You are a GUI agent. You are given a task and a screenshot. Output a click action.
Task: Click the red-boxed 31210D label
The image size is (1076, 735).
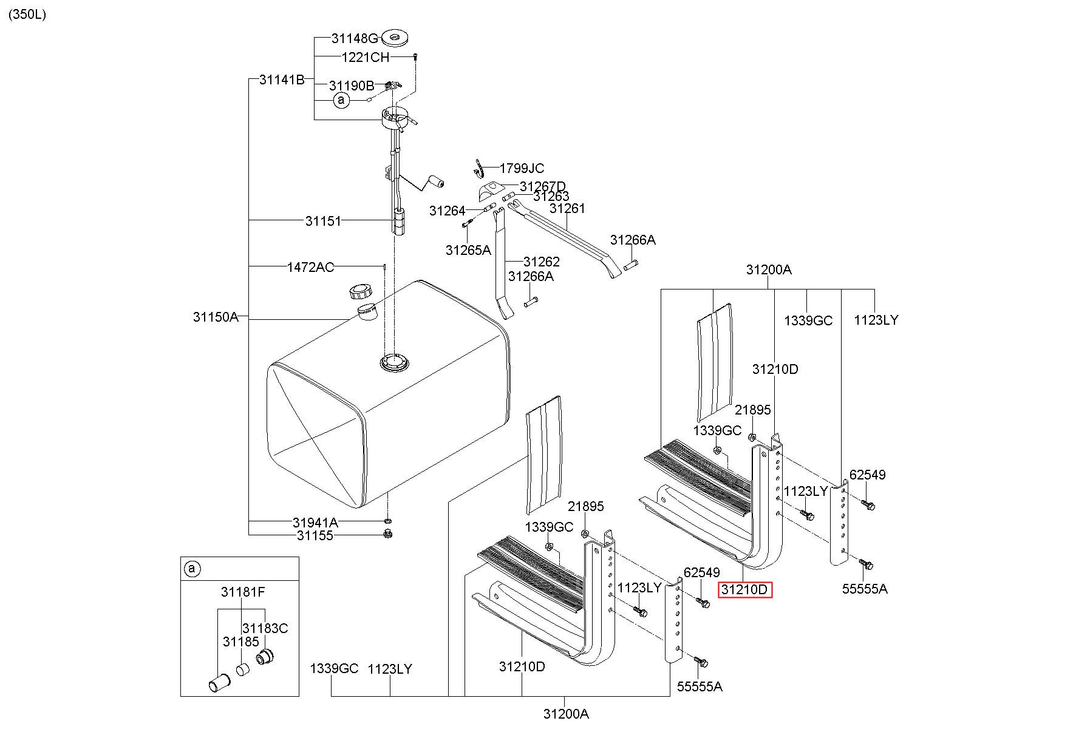pyautogui.click(x=744, y=589)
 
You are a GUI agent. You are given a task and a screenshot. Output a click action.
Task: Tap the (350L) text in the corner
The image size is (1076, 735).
pyautogui.click(x=27, y=15)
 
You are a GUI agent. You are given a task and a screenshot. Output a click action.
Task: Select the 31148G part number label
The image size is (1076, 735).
pyautogui.click(x=355, y=38)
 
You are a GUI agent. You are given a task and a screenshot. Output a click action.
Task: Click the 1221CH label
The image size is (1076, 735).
pyautogui.click(x=366, y=57)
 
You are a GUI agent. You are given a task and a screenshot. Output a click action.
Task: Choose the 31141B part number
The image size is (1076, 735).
pyautogui.click(x=282, y=80)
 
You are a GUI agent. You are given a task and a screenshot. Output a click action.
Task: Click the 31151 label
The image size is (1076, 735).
pyautogui.click(x=323, y=221)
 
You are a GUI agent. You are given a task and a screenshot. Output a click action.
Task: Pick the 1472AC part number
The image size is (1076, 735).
pyautogui.click(x=310, y=267)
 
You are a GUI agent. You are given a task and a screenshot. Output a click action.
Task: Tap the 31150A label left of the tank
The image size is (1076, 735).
pyautogui.click(x=216, y=317)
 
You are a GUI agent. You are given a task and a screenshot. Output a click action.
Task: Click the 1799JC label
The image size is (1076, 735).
pyautogui.click(x=522, y=168)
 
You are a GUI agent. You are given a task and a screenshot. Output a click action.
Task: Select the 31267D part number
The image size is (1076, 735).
pyautogui.click(x=543, y=186)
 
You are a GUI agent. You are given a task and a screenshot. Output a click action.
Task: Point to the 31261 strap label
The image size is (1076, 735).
pyautogui.click(x=567, y=208)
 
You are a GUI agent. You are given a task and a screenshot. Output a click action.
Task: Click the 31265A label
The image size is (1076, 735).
pyautogui.click(x=468, y=250)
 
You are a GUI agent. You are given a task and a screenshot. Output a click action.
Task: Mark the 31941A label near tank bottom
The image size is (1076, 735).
pyautogui.click(x=315, y=523)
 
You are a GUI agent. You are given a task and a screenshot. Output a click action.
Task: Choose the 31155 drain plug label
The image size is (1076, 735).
pyautogui.click(x=315, y=536)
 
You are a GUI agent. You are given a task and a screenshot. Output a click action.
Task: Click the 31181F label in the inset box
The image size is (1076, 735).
pyautogui.click(x=243, y=592)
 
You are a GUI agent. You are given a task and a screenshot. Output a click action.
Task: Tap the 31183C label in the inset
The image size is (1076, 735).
pyautogui.click(x=265, y=628)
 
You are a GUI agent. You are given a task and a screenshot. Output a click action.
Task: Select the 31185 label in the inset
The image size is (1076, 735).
pyautogui.click(x=240, y=642)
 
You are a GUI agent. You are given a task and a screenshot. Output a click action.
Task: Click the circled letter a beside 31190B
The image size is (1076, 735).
pyautogui.click(x=342, y=100)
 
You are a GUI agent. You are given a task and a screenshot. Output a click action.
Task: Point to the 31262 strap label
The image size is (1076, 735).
pyautogui.click(x=542, y=262)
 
